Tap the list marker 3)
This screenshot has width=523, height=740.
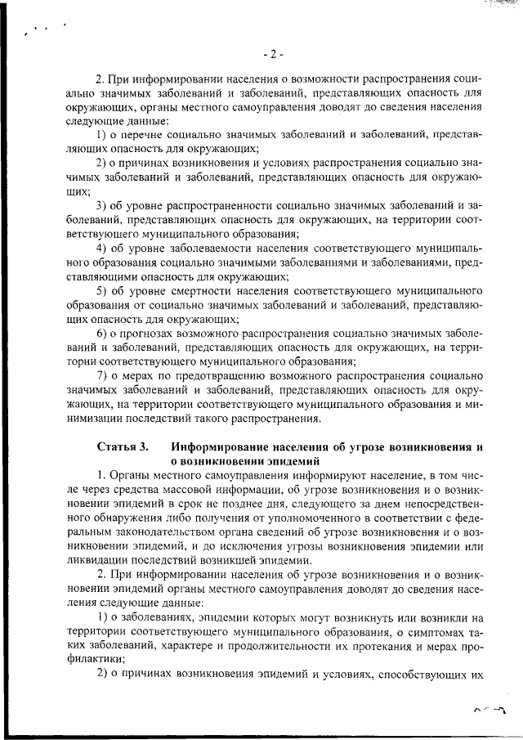[x=103, y=204]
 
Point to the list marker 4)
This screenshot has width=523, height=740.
[x=103, y=248]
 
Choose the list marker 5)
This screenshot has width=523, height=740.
[x=103, y=292]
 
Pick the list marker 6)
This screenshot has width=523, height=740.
[x=103, y=336]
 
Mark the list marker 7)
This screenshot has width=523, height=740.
[x=103, y=374]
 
